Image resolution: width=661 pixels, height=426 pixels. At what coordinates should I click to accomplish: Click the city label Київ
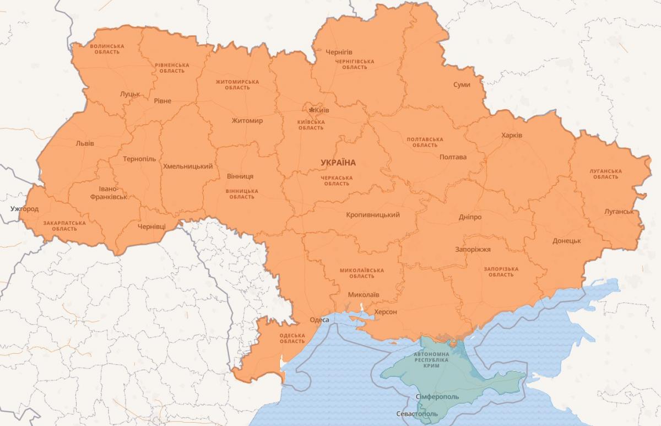pyautogui.click(x=322, y=110)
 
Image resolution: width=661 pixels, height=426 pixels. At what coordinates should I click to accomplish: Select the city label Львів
pyautogui.click(x=85, y=143)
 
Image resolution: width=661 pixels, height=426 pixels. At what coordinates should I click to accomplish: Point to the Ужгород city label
pyautogui.click(x=25, y=209)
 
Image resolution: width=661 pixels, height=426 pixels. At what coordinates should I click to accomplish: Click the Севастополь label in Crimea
pyautogui.click(x=417, y=414)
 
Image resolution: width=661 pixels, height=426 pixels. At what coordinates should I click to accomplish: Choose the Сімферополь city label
pyautogui.click(x=438, y=397)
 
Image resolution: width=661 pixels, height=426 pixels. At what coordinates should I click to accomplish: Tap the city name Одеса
pyautogui.click(x=319, y=320)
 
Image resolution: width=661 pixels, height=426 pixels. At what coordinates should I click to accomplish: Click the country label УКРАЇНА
pyautogui.click(x=338, y=163)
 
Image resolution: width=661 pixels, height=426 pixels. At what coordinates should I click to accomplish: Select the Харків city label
pyautogui.click(x=512, y=136)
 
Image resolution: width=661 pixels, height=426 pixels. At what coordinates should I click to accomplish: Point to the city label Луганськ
pyautogui.click(x=619, y=212)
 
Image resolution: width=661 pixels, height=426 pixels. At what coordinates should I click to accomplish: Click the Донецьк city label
pyautogui.click(x=567, y=241)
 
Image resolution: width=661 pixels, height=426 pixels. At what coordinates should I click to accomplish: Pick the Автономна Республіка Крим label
pyautogui.click(x=431, y=359)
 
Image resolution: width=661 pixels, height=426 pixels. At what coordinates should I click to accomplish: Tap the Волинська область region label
pyautogui.click(x=107, y=49)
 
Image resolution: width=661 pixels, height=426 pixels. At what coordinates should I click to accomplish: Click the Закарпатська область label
pyautogui.click(x=64, y=225)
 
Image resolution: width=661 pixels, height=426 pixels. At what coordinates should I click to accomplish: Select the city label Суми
pyautogui.click(x=462, y=85)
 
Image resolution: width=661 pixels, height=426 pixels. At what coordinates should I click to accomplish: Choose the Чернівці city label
pyautogui.click(x=151, y=227)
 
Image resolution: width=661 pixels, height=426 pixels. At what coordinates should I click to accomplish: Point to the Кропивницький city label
pyautogui.click(x=373, y=215)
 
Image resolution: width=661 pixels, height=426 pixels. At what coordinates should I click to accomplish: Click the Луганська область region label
pyautogui.click(x=606, y=174)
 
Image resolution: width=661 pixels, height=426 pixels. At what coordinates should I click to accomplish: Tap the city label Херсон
pyautogui.click(x=385, y=312)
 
